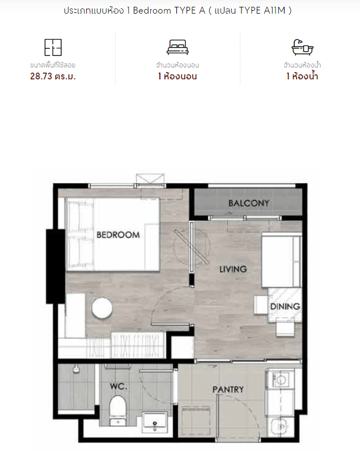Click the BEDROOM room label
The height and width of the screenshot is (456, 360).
(118, 235)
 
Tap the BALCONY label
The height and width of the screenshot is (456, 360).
(249, 203)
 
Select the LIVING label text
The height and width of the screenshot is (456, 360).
(233, 269)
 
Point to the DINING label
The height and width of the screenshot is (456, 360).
(285, 306)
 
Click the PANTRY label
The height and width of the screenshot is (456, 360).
(228, 390)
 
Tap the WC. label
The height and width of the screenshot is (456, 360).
(118, 386)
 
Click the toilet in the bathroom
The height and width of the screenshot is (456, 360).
(118, 410)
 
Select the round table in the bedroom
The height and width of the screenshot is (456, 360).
(102, 309)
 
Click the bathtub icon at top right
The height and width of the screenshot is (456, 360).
(302, 47)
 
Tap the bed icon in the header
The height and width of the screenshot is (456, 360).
(177, 47)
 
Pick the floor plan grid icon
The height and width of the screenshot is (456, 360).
(53, 47)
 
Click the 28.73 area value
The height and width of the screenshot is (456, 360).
(41, 76)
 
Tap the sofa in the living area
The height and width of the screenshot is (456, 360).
(281, 261)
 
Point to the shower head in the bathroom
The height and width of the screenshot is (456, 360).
(76, 369)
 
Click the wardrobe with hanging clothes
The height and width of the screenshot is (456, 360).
(138, 345)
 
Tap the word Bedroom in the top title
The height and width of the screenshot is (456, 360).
(152, 11)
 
